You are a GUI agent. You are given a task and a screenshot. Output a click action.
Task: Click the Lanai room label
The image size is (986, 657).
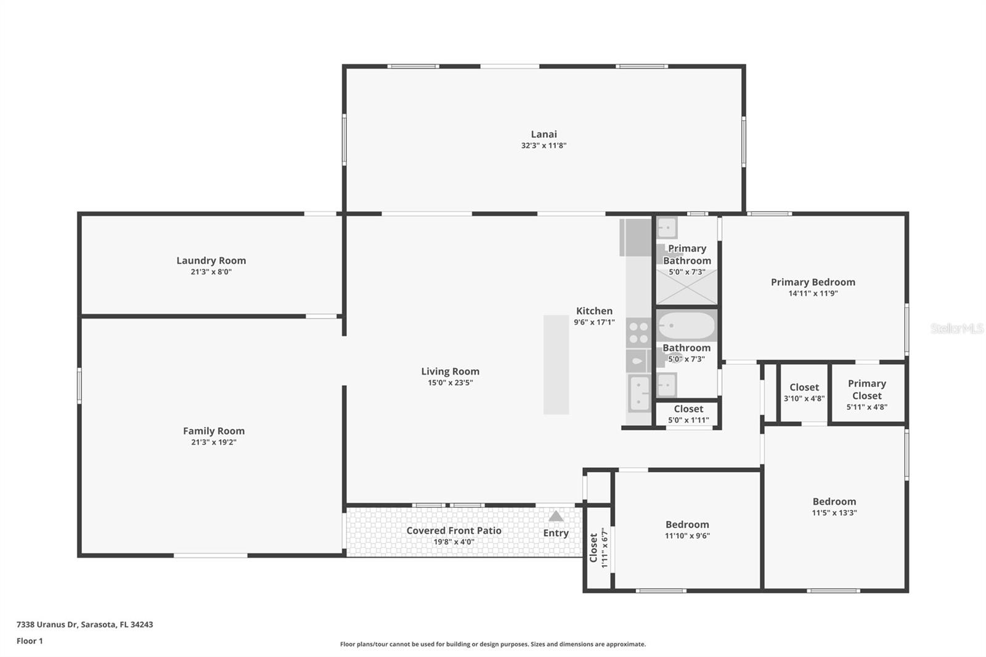[x=544, y=134]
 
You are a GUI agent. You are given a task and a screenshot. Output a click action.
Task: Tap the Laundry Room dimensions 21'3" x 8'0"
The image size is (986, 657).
[x=211, y=272]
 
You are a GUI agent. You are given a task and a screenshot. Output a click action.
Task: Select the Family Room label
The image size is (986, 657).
[x=213, y=431]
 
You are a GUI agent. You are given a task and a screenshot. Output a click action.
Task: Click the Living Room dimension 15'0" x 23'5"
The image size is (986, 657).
[x=450, y=383]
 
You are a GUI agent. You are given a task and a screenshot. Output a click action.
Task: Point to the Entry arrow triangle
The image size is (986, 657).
[x=556, y=516]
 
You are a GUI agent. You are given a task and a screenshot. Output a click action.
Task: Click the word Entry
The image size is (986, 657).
[x=555, y=533]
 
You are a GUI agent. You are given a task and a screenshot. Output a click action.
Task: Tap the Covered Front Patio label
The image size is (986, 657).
[x=454, y=531]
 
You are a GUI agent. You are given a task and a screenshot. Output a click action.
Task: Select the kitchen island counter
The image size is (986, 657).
[x=556, y=364]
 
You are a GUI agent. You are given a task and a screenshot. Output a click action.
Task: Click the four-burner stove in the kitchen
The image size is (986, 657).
[x=638, y=333]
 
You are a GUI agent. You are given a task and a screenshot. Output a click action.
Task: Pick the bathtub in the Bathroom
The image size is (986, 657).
[x=686, y=325]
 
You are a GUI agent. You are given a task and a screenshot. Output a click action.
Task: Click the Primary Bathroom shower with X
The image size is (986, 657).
[x=687, y=288]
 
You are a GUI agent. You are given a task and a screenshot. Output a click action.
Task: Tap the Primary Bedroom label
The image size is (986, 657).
[x=812, y=282]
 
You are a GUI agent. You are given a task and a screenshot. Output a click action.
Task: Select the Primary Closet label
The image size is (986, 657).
[x=866, y=390]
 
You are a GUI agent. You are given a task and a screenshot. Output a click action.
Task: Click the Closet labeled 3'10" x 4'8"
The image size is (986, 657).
[x=804, y=392]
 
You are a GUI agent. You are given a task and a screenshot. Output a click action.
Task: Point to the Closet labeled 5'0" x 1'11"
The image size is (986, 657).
[x=688, y=414]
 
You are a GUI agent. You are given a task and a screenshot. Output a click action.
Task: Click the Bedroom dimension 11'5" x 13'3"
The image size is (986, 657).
[x=834, y=513]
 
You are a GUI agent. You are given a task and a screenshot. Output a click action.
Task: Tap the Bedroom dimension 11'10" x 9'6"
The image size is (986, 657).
[x=687, y=536]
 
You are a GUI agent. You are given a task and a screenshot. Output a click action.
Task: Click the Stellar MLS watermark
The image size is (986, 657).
[x=956, y=328]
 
